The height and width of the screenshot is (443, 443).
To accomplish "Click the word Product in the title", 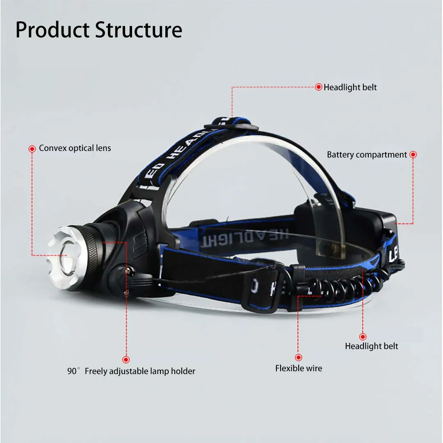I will pyautogui.click(x=52, y=30).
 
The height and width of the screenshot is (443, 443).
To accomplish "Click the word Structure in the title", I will pyautogui.click(x=139, y=30).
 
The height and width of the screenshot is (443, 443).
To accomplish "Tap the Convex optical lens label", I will pyautogui.click(x=75, y=148).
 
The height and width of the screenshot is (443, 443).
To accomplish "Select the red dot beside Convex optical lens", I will pyautogui.click(x=32, y=149).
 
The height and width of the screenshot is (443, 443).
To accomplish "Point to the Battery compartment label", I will pyautogui.click(x=367, y=155).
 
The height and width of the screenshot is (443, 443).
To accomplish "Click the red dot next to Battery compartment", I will pyautogui.click(x=413, y=155).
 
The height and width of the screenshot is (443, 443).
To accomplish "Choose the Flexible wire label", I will pyautogui.click(x=299, y=368).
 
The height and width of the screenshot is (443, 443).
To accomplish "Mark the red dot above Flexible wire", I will pyautogui.click(x=299, y=357).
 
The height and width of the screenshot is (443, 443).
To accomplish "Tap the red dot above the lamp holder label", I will pyautogui.click(x=126, y=359).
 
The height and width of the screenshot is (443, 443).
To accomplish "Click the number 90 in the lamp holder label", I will pyautogui.click(x=72, y=371).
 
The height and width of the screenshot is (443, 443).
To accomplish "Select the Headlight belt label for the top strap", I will pyautogui.click(x=350, y=87).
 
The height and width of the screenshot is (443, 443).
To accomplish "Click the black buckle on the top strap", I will pyautogui.click(x=231, y=124).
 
